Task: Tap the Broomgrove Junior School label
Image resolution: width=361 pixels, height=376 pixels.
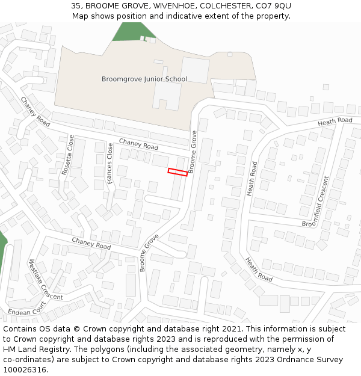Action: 144,79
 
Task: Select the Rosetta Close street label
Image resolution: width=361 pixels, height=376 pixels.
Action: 67,155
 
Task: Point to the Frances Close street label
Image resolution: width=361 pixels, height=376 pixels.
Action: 110,164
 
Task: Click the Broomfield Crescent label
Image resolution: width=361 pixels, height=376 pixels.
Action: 316,202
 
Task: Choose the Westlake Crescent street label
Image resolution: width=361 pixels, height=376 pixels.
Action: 46,279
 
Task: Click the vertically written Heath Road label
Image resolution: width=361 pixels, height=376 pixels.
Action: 251,178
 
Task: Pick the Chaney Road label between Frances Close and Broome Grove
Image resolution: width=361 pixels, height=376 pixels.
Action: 138,144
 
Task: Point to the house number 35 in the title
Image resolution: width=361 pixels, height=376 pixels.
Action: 76,5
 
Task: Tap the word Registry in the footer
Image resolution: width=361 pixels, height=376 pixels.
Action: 56,350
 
